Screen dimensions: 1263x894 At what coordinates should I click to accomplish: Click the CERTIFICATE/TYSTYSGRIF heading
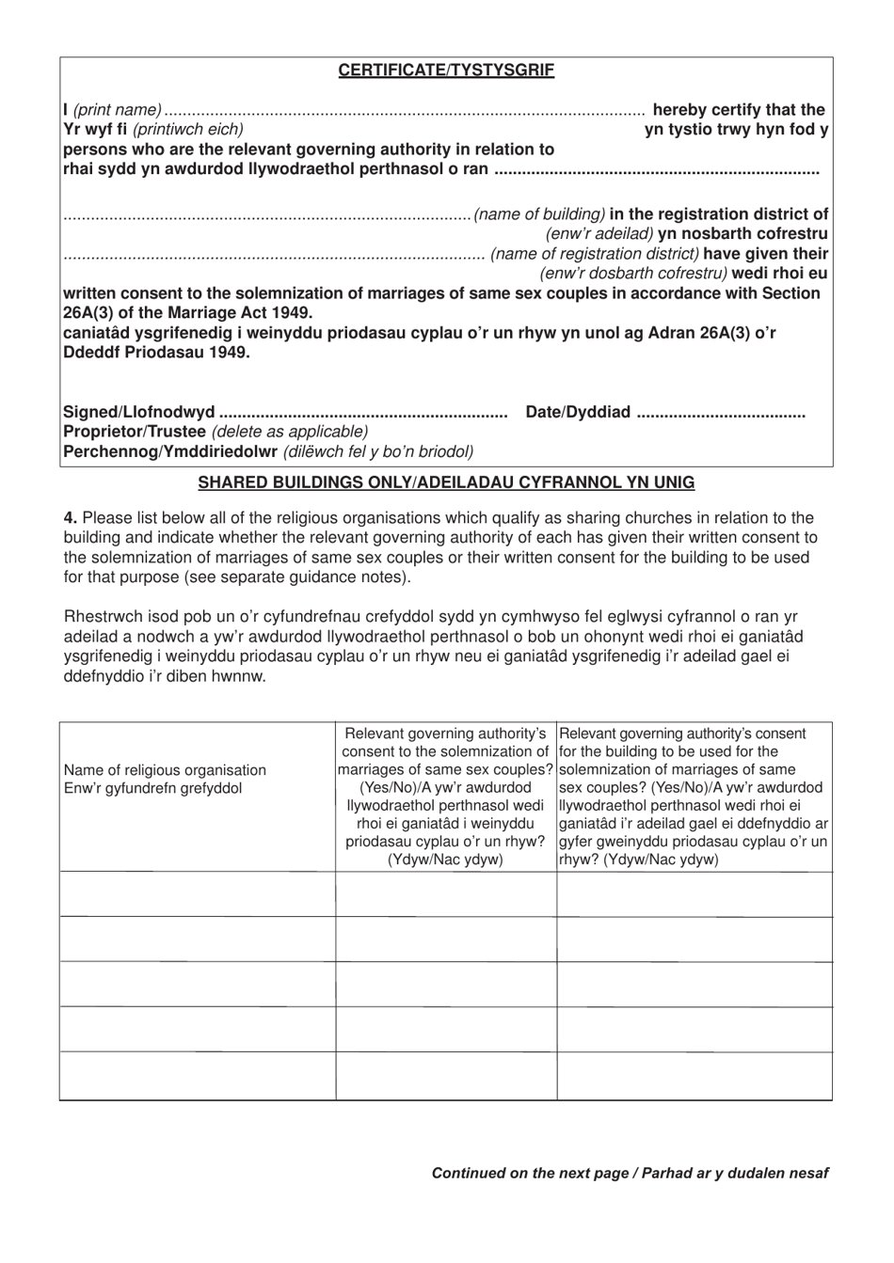coord(446,71)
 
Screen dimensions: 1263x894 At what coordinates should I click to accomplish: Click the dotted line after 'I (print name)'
coord(405,111)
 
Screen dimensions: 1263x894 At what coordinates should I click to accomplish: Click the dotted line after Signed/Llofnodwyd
coord(362,413)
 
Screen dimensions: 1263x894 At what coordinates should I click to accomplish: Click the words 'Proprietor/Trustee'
coord(135,432)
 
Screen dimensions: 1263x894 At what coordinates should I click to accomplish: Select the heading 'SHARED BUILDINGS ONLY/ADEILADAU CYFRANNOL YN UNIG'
coord(446,482)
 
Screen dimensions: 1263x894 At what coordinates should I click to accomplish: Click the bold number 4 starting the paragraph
coord(69,518)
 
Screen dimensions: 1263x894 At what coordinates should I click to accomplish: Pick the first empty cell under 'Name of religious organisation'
coord(198,894)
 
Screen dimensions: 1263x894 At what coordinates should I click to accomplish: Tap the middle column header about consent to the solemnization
coord(446,797)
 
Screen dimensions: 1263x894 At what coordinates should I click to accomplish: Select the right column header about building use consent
coord(694,797)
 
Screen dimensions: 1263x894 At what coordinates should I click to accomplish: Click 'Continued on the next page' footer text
coord(529,1173)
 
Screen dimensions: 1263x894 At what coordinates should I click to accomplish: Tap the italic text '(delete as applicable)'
coord(290,432)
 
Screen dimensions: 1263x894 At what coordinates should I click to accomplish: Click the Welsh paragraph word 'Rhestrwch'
coord(101,617)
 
